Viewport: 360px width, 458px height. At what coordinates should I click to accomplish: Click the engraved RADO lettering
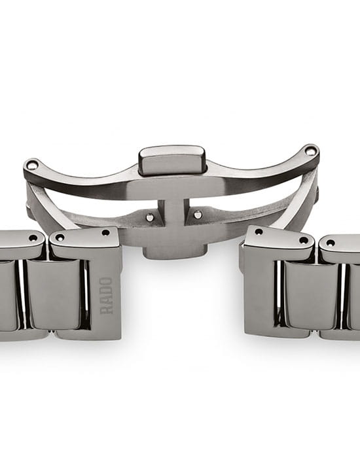tap(106, 296)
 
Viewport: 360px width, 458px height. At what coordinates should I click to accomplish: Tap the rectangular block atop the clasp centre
tap(172, 160)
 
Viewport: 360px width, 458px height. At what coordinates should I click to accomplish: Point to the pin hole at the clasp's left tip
tap(31, 166)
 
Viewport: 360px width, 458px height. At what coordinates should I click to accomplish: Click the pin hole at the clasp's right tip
tap(310, 151)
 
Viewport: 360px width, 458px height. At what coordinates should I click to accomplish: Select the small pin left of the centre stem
tap(150, 217)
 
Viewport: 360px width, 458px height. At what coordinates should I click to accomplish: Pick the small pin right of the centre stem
tap(198, 215)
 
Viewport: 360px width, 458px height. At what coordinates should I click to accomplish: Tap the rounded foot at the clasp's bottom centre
tap(175, 252)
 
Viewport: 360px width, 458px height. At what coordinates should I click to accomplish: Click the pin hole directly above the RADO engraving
tap(105, 233)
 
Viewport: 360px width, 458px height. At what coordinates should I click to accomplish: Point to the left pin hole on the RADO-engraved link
tap(60, 238)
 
